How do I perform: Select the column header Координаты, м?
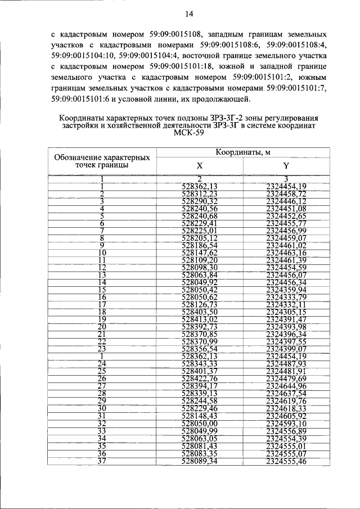coord(243,152)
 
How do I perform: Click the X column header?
coord(200,166)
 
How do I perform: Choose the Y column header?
coord(286,166)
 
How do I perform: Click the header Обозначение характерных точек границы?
coord(102,161)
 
